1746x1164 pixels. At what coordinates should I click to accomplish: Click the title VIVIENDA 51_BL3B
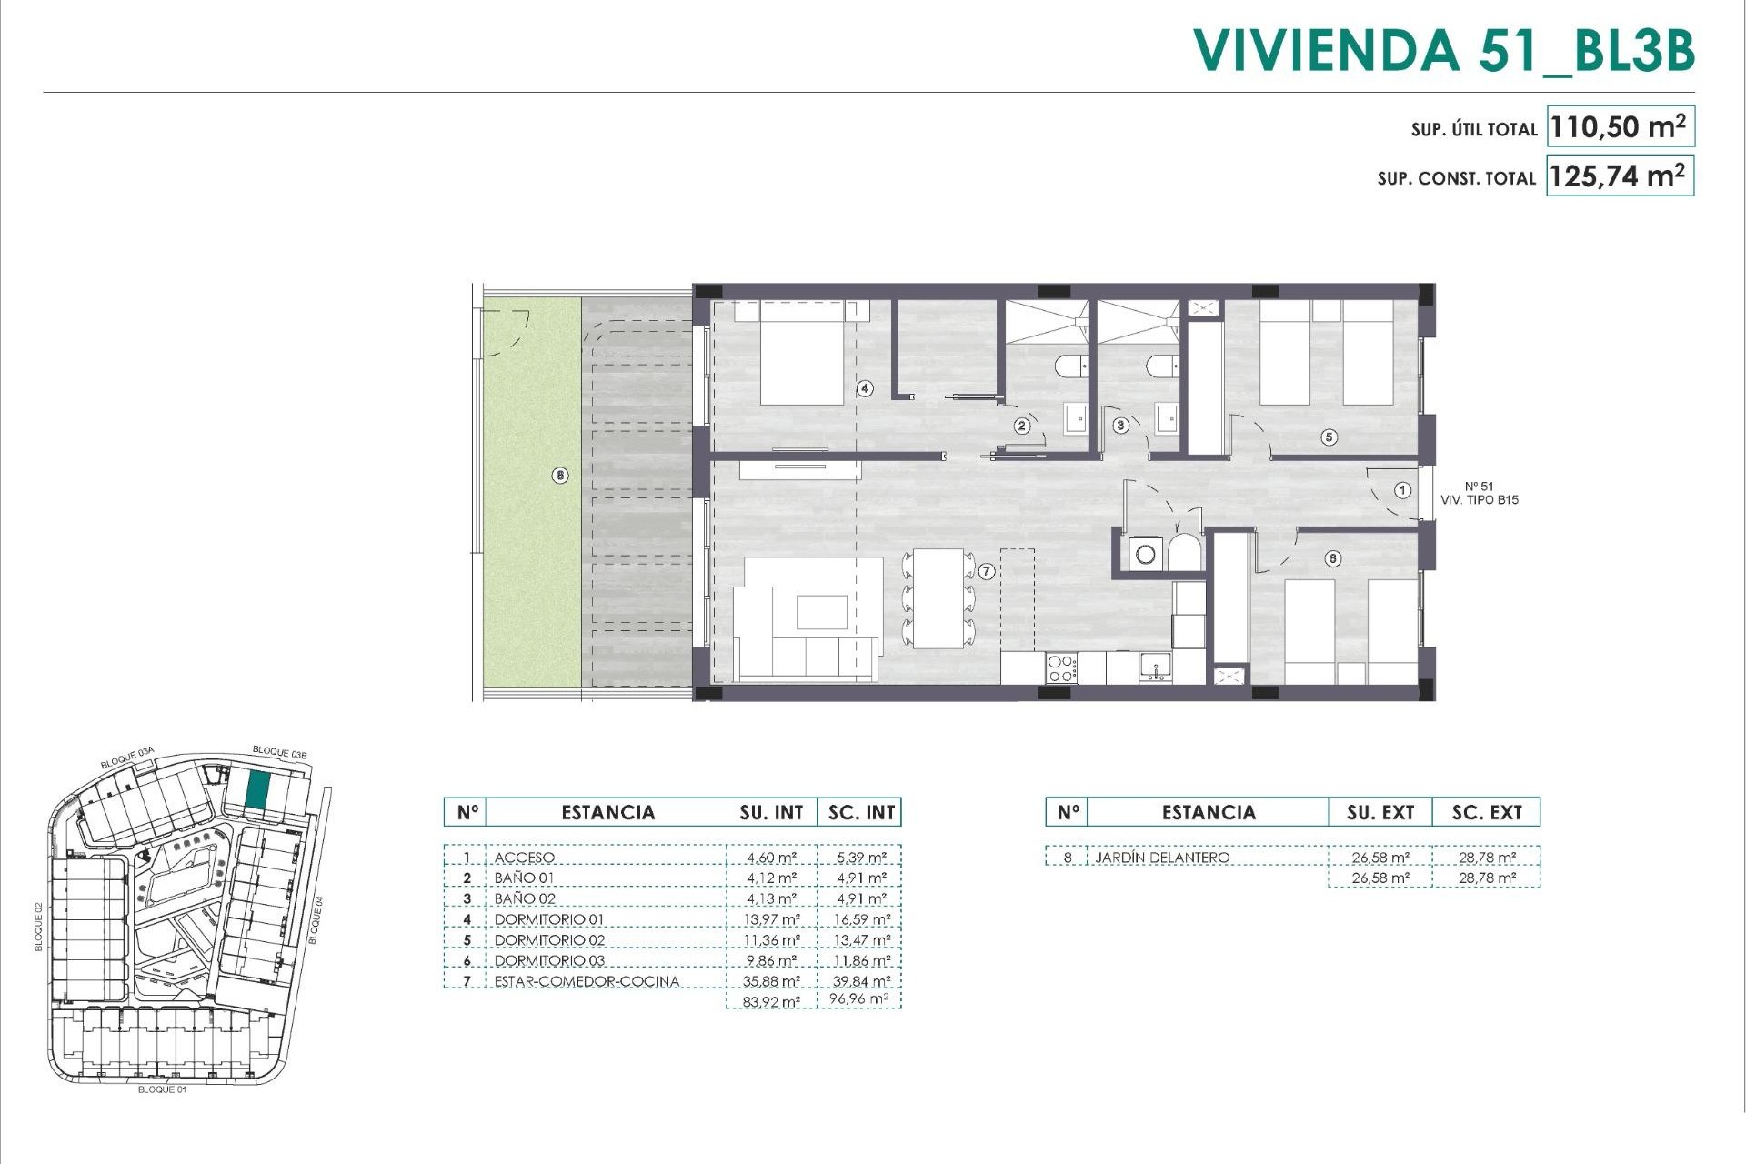[1443, 51]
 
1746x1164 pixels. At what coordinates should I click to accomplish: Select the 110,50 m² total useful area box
[1620, 127]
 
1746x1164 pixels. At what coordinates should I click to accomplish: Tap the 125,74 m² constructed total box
[1620, 176]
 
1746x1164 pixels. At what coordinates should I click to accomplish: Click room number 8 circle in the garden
[560, 475]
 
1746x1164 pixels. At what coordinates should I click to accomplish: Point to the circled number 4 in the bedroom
[865, 388]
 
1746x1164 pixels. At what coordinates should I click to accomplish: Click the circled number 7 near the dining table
[987, 571]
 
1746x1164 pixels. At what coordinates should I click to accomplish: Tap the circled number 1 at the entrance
[1402, 490]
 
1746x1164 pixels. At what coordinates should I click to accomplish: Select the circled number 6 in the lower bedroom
[1333, 558]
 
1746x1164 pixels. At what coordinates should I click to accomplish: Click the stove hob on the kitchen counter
[1061, 668]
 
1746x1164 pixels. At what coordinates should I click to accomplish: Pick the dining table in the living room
[938, 597]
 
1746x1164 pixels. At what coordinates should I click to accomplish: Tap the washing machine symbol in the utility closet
[1145, 552]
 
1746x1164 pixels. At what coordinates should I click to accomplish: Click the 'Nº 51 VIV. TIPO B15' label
[1480, 493]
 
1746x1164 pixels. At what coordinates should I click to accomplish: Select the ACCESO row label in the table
[524, 858]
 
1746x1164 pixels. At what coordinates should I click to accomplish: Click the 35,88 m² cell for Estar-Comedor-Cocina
[773, 981]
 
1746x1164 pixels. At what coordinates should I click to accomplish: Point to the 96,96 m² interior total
[859, 999]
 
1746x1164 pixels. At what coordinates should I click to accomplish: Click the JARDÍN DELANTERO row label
[1162, 858]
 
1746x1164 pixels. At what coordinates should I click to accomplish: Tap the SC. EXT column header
[1486, 812]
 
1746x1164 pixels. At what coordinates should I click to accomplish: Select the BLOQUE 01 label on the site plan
[162, 1089]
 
